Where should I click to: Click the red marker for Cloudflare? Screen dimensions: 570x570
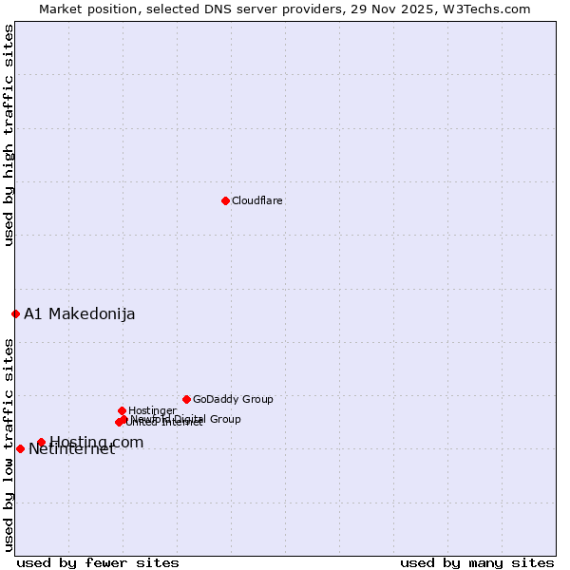(x=225, y=200)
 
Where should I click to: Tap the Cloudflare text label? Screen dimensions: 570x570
(x=257, y=200)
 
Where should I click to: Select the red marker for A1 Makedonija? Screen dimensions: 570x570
(x=15, y=313)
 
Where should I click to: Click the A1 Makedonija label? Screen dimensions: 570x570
(x=80, y=314)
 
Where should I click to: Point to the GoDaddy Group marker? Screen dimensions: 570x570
(x=186, y=399)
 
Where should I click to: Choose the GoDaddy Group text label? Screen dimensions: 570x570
(x=233, y=400)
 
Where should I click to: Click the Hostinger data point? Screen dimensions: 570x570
(x=122, y=410)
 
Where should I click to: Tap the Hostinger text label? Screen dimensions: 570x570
(x=152, y=411)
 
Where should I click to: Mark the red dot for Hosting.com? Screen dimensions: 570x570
(x=41, y=442)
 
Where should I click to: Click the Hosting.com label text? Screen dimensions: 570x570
(x=97, y=442)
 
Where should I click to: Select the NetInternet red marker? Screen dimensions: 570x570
(x=20, y=448)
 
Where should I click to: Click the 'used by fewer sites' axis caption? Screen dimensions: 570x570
(x=98, y=562)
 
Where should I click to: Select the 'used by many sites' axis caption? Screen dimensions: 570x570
(x=477, y=562)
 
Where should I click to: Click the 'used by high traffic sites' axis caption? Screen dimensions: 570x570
(x=9, y=135)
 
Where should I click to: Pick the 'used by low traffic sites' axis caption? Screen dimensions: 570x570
(x=9, y=444)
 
